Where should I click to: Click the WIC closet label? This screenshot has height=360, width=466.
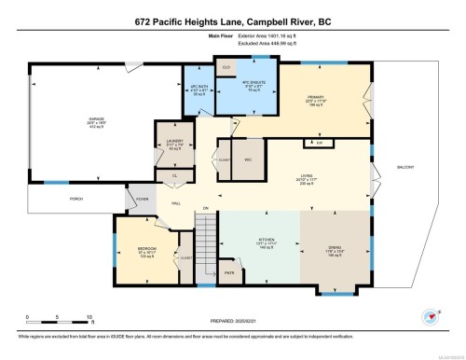pyautogui.click(x=248, y=159)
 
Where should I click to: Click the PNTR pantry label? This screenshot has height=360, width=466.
pyautogui.click(x=229, y=273)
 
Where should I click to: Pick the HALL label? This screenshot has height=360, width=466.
pyautogui.click(x=175, y=202)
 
